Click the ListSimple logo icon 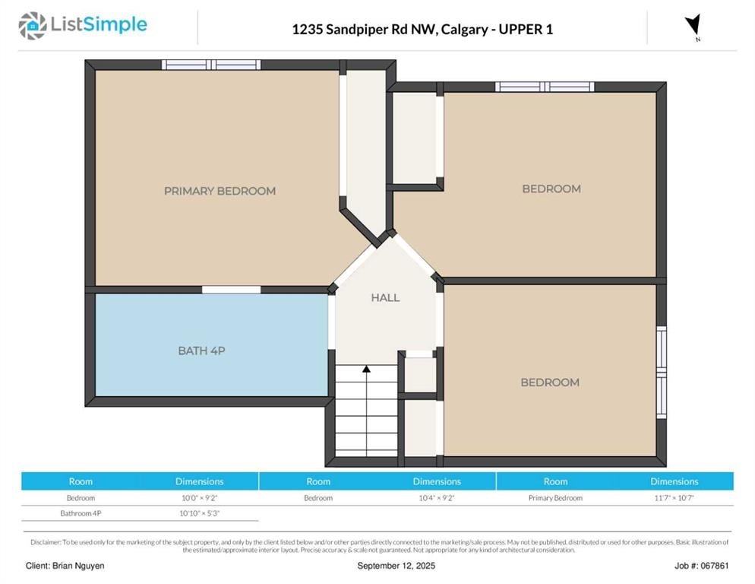[32, 26]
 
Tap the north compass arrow [693, 25]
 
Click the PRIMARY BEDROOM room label [220, 191]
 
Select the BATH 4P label [202, 351]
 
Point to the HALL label [385, 297]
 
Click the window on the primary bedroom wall [211, 65]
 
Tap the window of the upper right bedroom [545, 87]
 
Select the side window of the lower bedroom [662, 372]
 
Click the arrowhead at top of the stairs [366, 369]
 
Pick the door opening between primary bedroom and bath [231, 290]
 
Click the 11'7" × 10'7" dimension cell [674, 497]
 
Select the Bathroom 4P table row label [81, 513]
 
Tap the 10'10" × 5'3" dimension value [199, 513]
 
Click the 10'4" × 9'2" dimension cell [437, 497]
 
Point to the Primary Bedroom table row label [555, 497]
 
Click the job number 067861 [715, 566]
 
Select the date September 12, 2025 [396, 566]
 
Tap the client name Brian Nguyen [78, 566]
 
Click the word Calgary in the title [465, 30]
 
